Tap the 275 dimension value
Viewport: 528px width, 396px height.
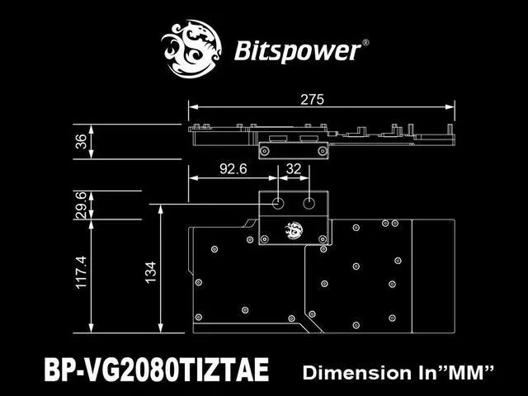click(x=312, y=99)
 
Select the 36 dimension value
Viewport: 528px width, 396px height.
click(x=80, y=141)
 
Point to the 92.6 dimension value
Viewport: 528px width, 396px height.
click(x=233, y=170)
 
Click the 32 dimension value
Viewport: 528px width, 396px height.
click(x=293, y=170)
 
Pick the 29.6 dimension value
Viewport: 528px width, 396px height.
click(x=80, y=205)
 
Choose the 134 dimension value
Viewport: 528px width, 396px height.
click(x=150, y=270)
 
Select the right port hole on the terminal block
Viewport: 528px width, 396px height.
click(x=309, y=202)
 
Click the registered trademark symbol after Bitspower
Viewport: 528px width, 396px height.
click(x=366, y=41)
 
